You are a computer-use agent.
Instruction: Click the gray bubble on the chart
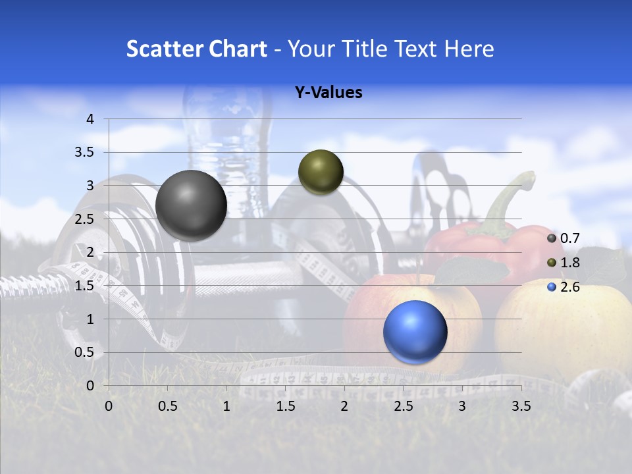191,205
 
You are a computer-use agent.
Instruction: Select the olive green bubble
321,172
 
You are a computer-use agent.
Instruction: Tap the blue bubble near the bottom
415,332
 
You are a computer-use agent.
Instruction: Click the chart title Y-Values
328,93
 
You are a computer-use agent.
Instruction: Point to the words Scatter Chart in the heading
196,49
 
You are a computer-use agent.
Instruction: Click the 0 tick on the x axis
109,406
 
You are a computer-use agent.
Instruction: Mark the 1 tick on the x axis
226,406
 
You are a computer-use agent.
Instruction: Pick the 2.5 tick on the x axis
403,406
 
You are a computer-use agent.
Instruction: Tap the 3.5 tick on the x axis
521,406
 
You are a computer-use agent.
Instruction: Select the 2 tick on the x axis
344,406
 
